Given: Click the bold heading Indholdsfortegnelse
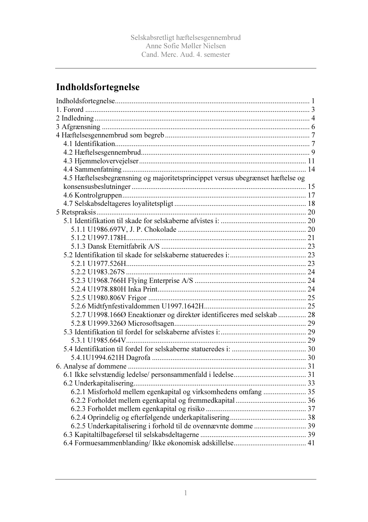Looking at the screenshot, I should tap(98, 87).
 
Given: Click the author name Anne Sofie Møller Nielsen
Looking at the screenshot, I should tap(185, 46).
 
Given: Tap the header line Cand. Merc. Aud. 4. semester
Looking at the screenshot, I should tap(185, 54).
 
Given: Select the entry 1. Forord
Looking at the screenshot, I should tap(70, 109).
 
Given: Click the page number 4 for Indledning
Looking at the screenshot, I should tap(313, 118).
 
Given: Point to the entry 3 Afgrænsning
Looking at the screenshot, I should tap(78, 127).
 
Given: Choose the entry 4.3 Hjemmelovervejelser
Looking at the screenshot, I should tap(101, 161).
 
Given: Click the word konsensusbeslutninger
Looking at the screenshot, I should tap(97, 187).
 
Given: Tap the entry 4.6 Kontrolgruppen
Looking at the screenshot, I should tap(93, 195).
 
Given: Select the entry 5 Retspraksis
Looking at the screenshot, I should tap(76, 212).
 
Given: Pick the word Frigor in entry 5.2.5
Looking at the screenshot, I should tap(137, 298).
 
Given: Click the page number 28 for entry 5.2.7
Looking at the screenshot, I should tap(311, 315).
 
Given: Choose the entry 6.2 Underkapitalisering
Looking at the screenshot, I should tap(99, 383).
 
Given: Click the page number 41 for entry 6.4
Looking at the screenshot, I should tap(311, 443).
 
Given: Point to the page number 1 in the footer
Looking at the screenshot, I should tap(185, 493).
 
